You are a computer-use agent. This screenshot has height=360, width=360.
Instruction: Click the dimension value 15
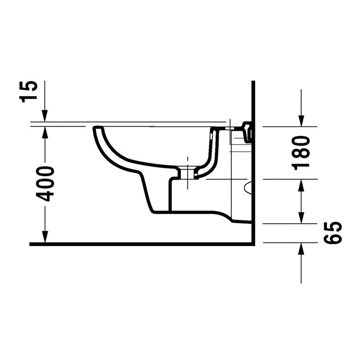coord(31,91)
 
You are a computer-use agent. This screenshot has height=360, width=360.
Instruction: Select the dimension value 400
coord(47,183)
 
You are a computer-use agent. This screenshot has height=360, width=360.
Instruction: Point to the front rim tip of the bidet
coord(95,129)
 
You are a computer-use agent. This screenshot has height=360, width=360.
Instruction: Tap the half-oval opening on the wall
coord(249,187)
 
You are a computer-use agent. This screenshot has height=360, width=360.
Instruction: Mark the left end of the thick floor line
coord(31,244)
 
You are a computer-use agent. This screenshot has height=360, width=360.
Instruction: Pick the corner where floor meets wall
coord(252,244)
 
